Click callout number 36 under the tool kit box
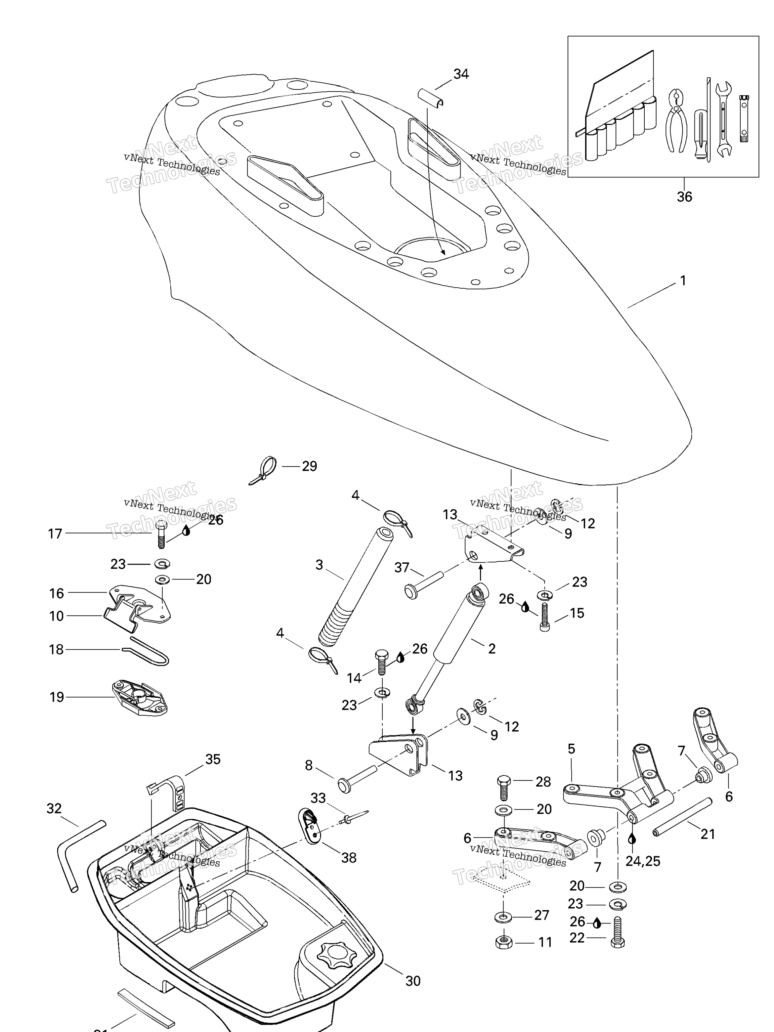tap(684, 197)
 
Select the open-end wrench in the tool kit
tap(724, 119)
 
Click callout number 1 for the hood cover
tap(683, 281)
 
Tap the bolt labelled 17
tap(161, 534)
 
